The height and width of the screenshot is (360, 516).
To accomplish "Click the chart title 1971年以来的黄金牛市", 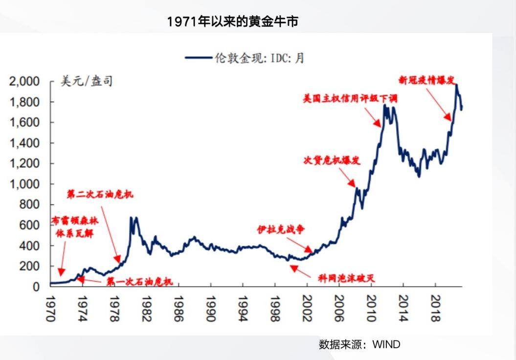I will [x=232, y=22].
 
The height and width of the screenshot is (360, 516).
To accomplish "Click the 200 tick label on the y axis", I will [x=31, y=267].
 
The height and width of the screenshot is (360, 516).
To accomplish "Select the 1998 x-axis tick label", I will [x=275, y=309].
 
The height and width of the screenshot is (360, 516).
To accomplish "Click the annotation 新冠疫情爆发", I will [x=429, y=79].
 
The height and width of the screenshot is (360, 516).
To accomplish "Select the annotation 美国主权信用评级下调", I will [x=350, y=99].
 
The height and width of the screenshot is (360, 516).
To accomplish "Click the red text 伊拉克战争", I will [x=281, y=229].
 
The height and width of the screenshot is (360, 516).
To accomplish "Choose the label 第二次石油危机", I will [x=100, y=195].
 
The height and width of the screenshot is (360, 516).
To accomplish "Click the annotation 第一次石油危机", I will [x=139, y=282].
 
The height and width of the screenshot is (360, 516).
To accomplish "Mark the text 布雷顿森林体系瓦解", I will [x=75, y=227].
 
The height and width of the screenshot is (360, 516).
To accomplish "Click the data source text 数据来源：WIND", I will [x=359, y=344].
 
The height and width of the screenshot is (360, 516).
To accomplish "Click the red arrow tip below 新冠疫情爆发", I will [x=450, y=119].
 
